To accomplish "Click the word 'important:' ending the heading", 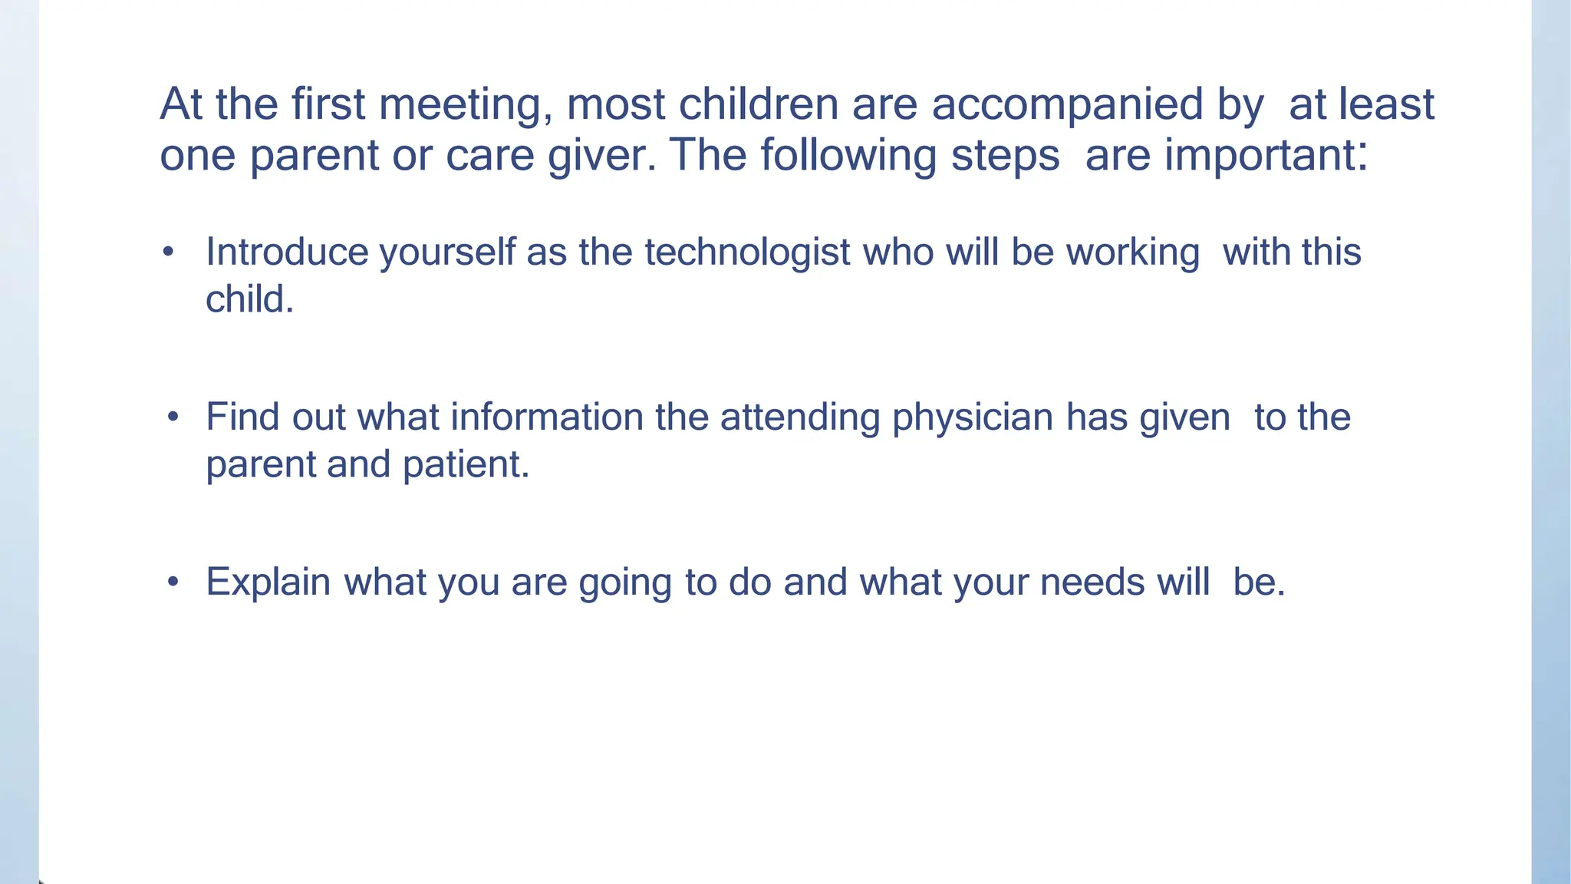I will click(1266, 156).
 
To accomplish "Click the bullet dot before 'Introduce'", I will click(169, 252).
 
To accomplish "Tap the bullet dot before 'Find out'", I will click(173, 417).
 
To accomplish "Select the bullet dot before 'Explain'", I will click(173, 582).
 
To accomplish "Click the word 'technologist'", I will click(747, 252).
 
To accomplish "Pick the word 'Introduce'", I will click(287, 252).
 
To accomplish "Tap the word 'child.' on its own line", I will click(249, 299).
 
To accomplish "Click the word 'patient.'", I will click(466, 465).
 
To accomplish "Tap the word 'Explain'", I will click(268, 582).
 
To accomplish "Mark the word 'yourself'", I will click(447, 252).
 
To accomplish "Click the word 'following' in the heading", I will click(848, 156).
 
